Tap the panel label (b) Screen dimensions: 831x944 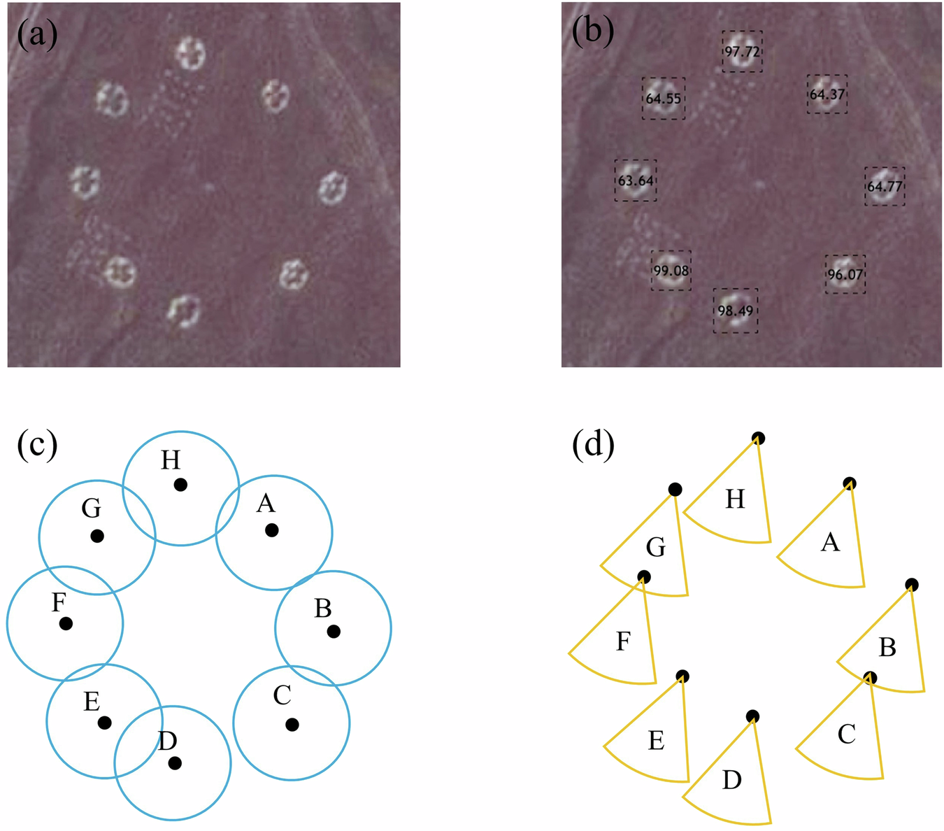(593, 31)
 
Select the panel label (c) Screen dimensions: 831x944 (37, 445)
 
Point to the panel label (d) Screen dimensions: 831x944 (593, 443)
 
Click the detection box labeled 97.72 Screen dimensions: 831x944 (742, 52)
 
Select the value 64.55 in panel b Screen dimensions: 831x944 (663, 99)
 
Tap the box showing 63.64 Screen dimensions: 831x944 (636, 180)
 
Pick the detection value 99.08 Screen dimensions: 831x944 (671, 271)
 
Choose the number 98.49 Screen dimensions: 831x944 (736, 311)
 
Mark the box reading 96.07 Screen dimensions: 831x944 (845, 274)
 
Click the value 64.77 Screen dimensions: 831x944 (885, 187)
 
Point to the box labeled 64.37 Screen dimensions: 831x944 (827, 94)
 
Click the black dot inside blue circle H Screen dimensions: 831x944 (180, 484)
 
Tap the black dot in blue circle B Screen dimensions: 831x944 (334, 631)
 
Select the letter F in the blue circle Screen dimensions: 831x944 (59, 603)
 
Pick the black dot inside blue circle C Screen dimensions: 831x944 (292, 725)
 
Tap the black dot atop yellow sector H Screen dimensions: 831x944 (758, 439)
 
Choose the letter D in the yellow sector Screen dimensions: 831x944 (731, 780)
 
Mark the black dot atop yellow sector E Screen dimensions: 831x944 (682, 676)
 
